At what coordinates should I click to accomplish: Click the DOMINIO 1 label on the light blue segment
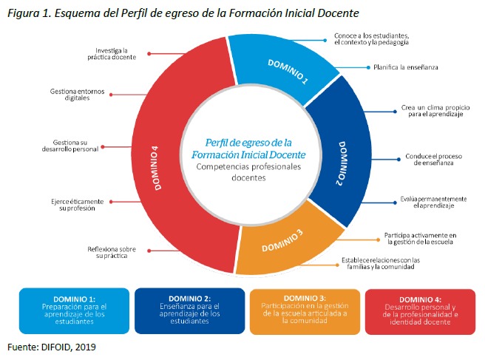point(288,72)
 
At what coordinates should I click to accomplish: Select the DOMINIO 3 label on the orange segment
point(282,241)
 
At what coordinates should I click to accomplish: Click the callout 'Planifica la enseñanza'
point(405,67)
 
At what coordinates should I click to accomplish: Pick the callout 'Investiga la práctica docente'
point(112,54)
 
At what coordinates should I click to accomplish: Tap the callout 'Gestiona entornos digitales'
point(78,95)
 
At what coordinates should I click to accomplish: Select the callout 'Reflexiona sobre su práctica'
point(112,252)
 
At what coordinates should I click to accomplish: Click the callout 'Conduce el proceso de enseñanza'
point(434,160)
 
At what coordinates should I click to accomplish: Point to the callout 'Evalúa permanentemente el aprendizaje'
point(434,203)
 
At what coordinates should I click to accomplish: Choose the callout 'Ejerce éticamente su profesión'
point(78,205)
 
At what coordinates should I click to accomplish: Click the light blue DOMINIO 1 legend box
point(74,310)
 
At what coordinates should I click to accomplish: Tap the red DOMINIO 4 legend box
point(420,312)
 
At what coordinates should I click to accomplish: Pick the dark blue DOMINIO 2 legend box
point(189,310)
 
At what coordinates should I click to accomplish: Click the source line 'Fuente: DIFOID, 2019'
point(52,347)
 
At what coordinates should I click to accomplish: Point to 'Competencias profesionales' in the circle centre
point(248,167)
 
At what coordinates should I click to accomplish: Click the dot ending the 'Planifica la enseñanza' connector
point(368,67)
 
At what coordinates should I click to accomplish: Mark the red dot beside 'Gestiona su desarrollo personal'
point(103,147)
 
